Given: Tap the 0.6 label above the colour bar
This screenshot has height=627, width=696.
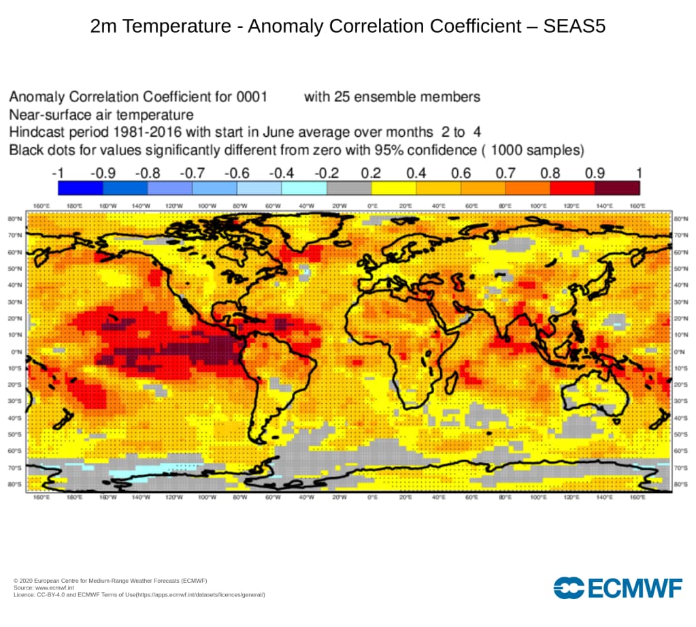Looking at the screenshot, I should pyautogui.click(x=461, y=173).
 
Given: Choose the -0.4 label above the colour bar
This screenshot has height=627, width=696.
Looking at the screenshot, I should pyautogui.click(x=281, y=173).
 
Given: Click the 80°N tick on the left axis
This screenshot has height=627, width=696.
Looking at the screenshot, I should pyautogui.click(x=14, y=219).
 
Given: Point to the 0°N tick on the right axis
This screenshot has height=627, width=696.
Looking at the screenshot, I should pyautogui.click(x=680, y=352).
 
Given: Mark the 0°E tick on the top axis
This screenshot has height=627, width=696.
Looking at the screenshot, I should pyautogui.click(x=372, y=206).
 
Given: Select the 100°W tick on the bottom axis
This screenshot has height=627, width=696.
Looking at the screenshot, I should pyautogui.click(x=207, y=498).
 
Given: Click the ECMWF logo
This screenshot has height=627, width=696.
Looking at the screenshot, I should pyautogui.click(x=618, y=588).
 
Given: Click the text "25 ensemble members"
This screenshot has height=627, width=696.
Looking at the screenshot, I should pyautogui.click(x=392, y=97).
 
